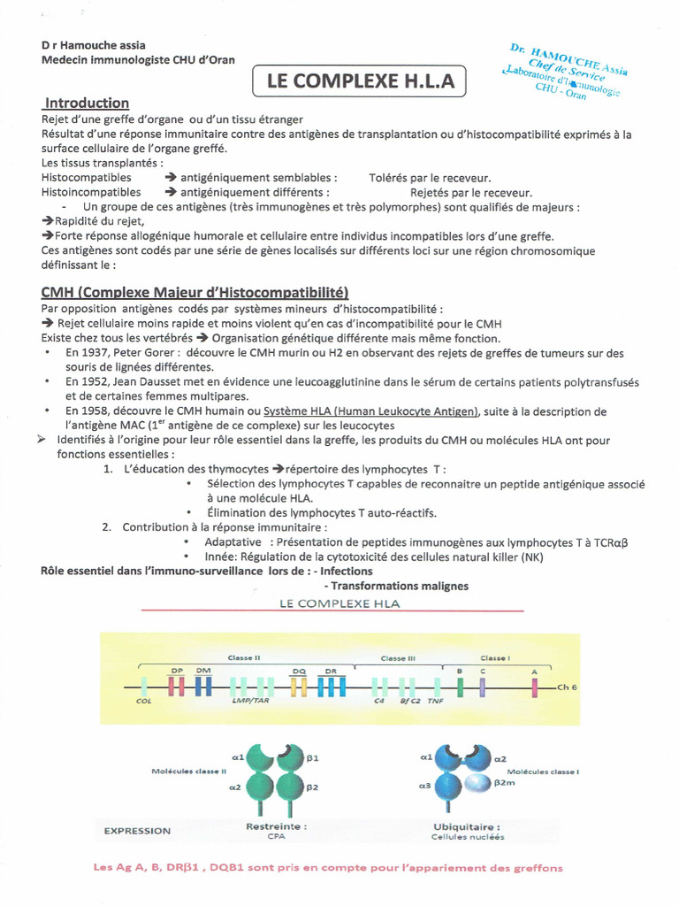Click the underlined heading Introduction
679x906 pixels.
coord(88,103)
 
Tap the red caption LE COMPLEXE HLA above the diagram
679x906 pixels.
coord(339,604)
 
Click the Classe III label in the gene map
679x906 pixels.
coord(398,658)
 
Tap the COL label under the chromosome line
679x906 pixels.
coord(144,701)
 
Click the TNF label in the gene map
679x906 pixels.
coord(435,701)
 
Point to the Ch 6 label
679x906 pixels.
coord(567,687)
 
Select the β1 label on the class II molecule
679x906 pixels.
coord(313,758)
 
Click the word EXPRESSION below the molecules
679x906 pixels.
coord(137,831)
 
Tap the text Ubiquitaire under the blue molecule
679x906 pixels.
coord(468,826)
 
